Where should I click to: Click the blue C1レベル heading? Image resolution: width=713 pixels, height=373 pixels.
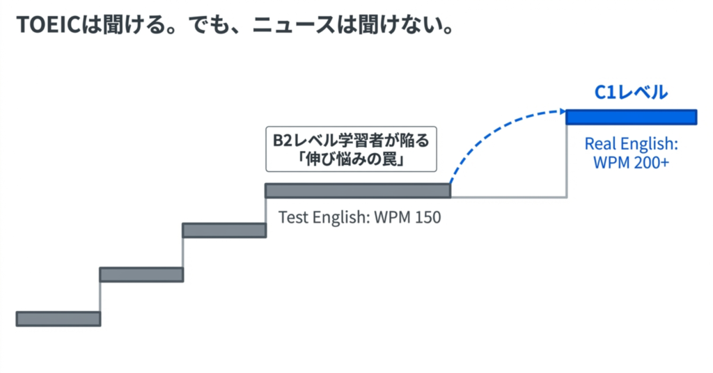(x=630, y=92)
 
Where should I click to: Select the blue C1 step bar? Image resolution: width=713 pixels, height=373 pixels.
(x=631, y=117)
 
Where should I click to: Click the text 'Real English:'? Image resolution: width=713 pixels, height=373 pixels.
(x=631, y=144)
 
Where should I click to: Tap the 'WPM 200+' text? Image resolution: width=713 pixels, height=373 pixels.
(x=631, y=162)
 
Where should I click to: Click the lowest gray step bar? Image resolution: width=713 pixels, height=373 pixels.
(x=58, y=319)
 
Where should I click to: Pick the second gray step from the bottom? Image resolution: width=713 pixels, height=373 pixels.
(x=141, y=274)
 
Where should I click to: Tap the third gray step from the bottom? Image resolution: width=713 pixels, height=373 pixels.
(x=224, y=230)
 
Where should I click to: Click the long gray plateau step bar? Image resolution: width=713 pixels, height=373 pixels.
(x=357, y=190)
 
